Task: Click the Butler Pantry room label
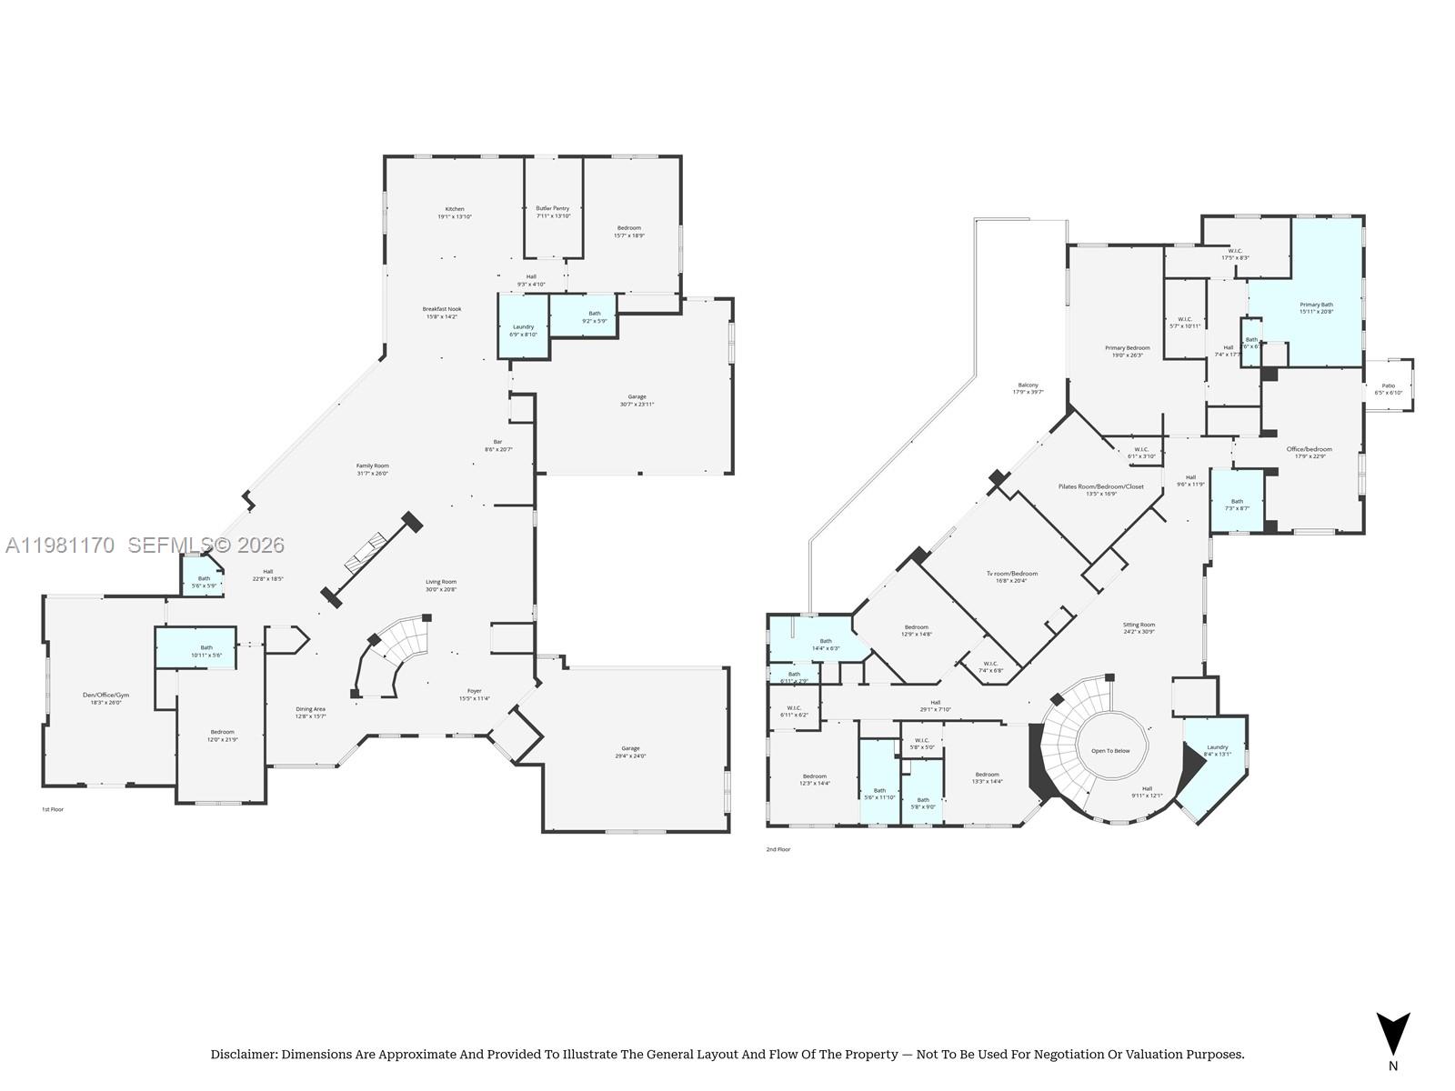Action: point(553,208)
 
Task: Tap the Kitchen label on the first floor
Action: point(455,209)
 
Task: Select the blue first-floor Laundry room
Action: point(524,327)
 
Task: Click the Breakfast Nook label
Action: point(442,309)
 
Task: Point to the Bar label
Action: point(497,442)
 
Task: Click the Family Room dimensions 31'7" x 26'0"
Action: point(372,474)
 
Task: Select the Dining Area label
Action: point(310,709)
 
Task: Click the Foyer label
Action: point(475,691)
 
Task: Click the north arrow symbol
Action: point(1392,1034)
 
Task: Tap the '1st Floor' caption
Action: point(53,809)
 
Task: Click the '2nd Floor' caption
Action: point(778,849)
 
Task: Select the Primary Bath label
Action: point(1316,305)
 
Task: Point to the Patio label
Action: point(1389,386)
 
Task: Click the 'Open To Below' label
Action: point(1110,751)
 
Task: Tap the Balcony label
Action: point(1028,385)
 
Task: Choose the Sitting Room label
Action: point(1139,625)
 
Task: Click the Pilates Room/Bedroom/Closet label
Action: point(1100,486)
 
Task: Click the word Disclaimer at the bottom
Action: point(243,1055)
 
